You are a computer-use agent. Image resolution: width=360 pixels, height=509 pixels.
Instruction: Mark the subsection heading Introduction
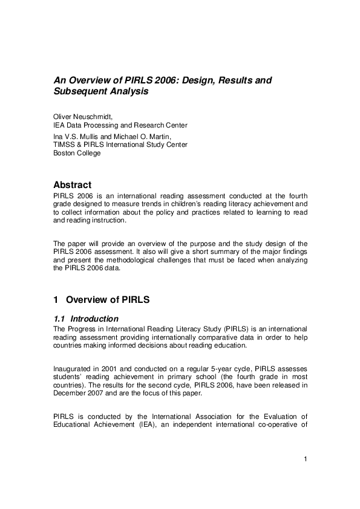(94, 319)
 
